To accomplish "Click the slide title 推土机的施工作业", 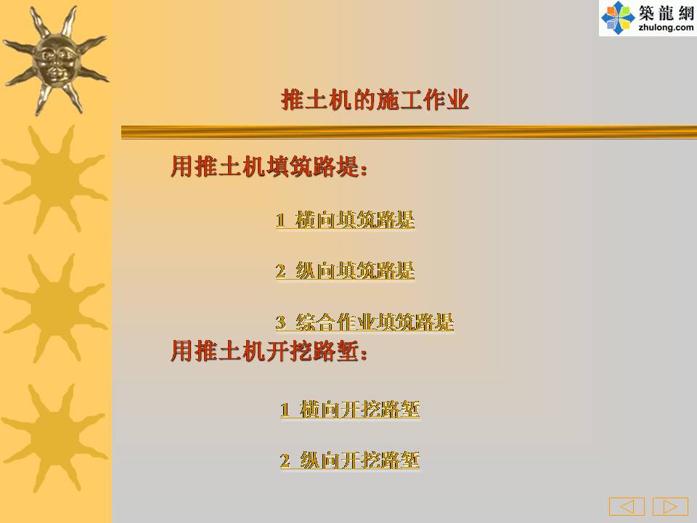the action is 375,100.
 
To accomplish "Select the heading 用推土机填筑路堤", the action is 269,167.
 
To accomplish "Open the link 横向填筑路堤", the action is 355,219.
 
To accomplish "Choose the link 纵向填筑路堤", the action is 355,271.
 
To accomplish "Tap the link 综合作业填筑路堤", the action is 375,322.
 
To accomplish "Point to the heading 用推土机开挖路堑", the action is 269,351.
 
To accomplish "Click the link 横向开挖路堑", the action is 359,409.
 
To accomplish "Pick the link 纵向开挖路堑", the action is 359,460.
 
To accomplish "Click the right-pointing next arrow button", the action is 670,506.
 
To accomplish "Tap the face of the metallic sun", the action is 56,61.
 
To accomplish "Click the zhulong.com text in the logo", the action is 666,28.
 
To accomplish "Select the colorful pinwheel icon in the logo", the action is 618,17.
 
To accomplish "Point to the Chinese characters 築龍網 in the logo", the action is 666,12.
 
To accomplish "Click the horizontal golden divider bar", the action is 409,132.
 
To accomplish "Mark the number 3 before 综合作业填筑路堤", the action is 280,322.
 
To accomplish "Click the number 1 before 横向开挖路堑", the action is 285,410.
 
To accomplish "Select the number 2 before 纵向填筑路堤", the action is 280,271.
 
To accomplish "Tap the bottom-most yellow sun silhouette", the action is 54,438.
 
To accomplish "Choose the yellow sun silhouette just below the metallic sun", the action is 54,179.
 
